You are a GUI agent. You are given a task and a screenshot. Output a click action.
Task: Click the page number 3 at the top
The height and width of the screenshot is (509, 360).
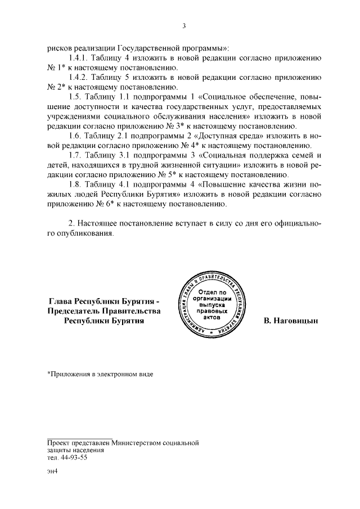click(x=183, y=25)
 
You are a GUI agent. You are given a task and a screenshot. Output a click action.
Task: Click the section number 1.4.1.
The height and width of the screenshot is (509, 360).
click(x=78, y=58)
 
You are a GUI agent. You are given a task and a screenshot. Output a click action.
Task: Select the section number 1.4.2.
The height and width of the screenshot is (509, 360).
click(x=78, y=77)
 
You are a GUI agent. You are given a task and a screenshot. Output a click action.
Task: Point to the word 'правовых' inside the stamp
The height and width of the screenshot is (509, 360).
click(x=213, y=310)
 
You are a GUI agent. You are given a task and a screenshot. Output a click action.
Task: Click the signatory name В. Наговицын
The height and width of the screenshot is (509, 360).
click(x=291, y=321)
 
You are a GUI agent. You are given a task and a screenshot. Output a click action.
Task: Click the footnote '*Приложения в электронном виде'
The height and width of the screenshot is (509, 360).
click(x=100, y=373)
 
